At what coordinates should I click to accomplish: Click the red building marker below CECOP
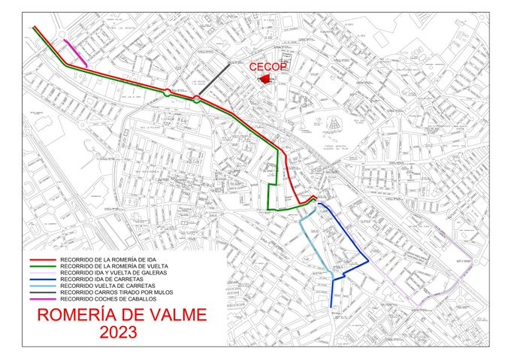pyautogui.click(x=265, y=78)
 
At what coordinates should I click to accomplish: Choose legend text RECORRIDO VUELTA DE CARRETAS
pyautogui.click(x=107, y=286)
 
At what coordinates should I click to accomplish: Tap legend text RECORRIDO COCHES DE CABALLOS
pyautogui.click(x=107, y=300)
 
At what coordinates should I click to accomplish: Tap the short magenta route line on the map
pyautogui.click(x=75, y=53)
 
